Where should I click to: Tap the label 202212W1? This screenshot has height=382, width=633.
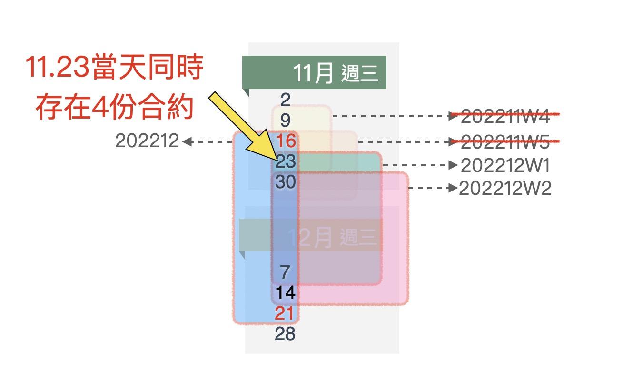505,166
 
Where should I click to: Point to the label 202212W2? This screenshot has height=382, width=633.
505,189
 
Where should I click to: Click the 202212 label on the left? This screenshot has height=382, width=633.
147,141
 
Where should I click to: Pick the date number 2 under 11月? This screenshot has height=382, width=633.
285,100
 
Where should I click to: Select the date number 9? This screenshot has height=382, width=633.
285,120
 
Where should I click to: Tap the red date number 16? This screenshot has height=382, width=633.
286,141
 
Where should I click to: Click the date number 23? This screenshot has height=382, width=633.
286,162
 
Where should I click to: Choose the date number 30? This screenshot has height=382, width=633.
286,182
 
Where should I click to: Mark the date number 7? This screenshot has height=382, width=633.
285,272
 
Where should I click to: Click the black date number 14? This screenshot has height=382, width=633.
286,292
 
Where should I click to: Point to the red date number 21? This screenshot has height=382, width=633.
285,313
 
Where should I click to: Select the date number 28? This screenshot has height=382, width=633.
285,334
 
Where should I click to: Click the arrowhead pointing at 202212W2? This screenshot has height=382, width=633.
454,188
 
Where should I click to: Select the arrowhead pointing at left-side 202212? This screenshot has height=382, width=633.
186,141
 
